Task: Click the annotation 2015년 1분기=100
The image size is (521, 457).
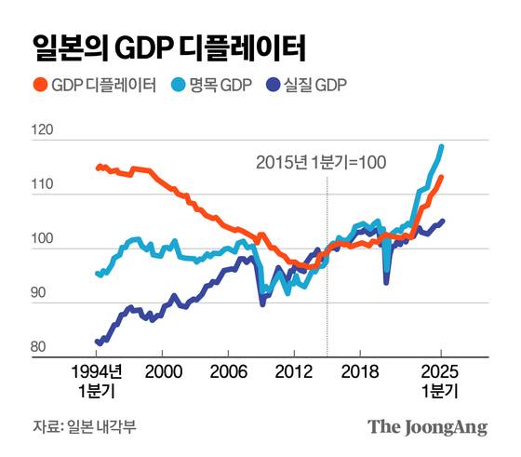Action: [320, 162]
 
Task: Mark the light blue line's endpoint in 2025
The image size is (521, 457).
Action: [441, 146]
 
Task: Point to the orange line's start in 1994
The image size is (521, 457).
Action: [98, 168]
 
